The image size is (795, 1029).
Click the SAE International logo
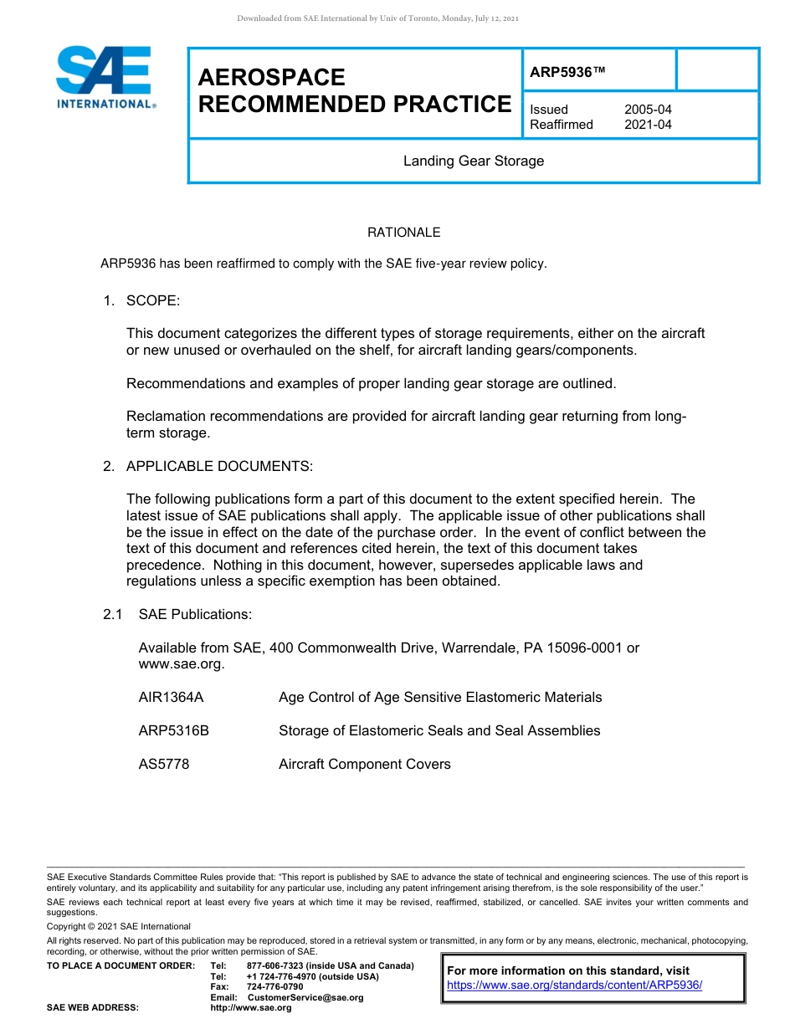tap(104, 77)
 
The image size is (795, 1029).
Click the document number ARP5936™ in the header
tap(567, 73)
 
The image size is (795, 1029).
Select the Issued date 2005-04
tap(647, 110)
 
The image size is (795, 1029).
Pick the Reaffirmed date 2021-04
tap(647, 125)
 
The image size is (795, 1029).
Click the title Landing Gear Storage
tap(473, 161)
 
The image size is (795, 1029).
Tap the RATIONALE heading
tap(403, 233)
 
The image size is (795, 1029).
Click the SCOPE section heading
tap(152, 300)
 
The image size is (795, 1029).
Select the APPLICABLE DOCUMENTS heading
tap(219, 466)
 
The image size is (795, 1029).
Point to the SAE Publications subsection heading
tap(195, 614)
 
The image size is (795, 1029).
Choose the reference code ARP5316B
tap(173, 730)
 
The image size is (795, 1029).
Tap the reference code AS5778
tap(163, 764)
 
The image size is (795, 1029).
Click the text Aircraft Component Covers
tap(364, 764)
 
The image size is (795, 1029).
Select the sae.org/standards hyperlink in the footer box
tap(574, 985)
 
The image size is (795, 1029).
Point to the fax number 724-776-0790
tap(274, 987)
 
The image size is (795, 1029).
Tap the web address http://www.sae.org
tap(251, 1007)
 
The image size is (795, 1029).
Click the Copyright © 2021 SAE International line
tap(118, 926)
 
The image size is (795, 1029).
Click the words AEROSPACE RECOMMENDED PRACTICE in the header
tap(354, 91)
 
